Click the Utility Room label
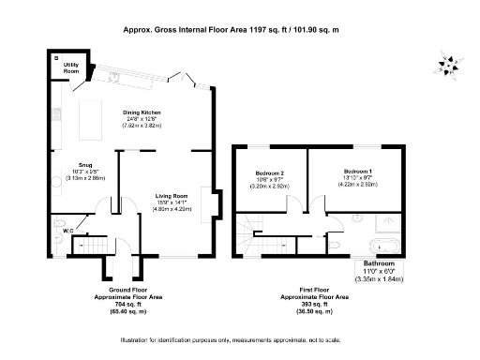(70, 68)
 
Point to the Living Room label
(172, 196)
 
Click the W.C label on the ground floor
(67, 229)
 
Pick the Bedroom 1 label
(358, 172)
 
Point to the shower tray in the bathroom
(385, 223)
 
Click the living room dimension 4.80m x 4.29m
(172, 209)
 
